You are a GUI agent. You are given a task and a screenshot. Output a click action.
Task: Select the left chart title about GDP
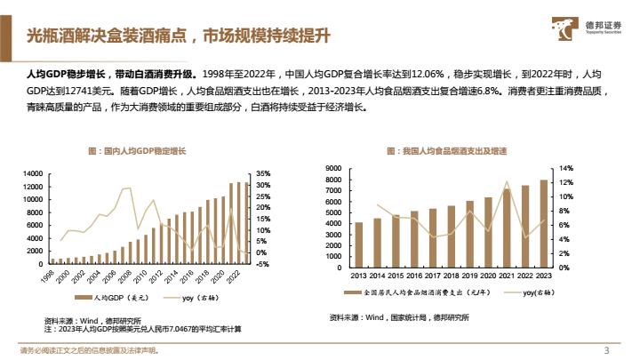click(143, 152)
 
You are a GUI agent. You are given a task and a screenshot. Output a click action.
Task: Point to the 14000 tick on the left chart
click(32, 172)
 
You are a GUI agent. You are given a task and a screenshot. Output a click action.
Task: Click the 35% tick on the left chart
click(262, 172)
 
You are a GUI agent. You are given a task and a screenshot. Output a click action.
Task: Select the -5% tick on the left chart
click(261, 264)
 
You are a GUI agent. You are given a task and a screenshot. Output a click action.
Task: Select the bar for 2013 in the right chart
click(358, 244)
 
